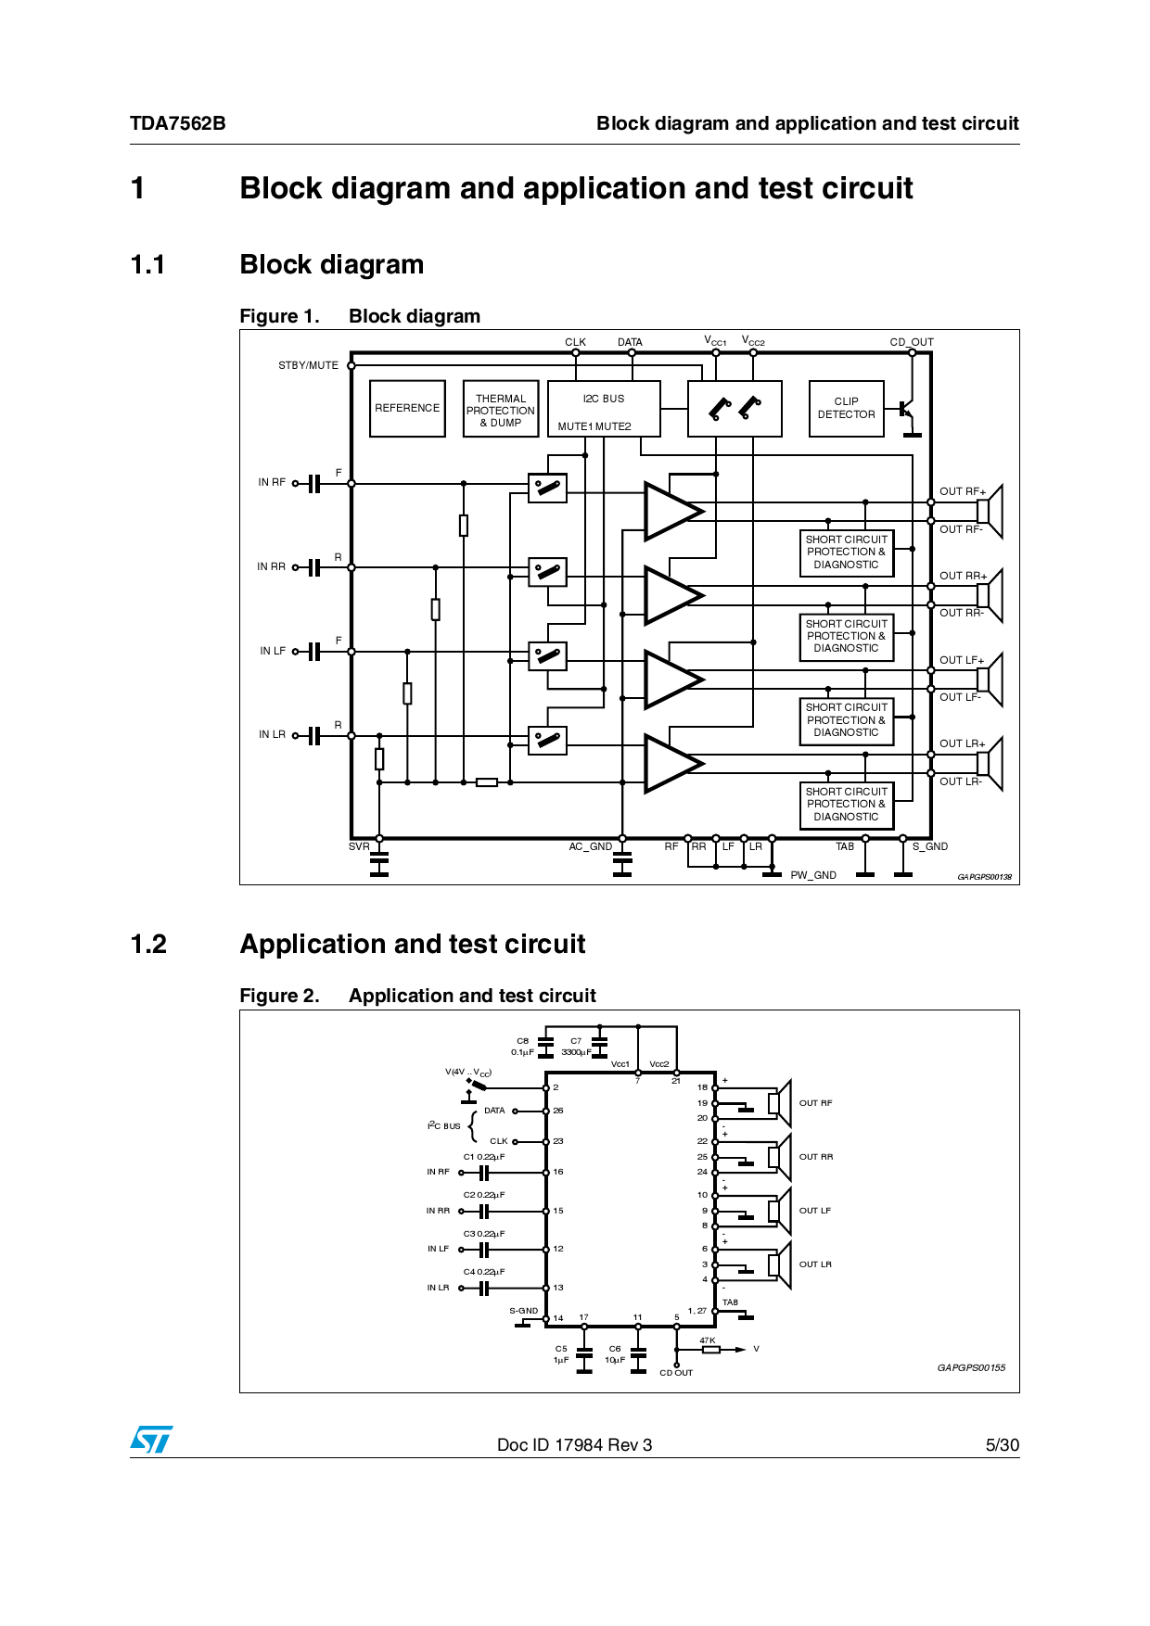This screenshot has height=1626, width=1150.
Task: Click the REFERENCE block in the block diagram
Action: point(407,408)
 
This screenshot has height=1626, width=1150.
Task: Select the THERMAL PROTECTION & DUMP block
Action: point(501,410)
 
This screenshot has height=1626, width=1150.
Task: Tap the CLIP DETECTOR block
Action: point(846,408)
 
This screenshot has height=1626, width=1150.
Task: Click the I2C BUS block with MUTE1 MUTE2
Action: point(604,409)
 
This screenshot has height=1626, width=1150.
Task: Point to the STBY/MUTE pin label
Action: point(308,365)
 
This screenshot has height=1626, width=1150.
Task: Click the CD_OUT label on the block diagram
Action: point(912,342)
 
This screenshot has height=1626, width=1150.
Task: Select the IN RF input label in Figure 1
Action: point(272,482)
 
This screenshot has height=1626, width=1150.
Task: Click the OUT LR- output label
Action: point(960,781)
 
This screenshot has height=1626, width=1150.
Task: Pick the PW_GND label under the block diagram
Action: point(813,875)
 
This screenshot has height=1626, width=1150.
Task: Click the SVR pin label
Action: point(359,846)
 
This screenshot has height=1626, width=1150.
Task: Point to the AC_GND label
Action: point(591,846)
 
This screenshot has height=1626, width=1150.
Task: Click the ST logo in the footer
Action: point(151,1440)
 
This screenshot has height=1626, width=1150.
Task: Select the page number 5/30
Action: point(1002,1444)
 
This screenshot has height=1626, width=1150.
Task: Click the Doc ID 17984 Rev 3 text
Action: point(574,1444)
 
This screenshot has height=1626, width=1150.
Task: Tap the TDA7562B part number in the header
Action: point(177,123)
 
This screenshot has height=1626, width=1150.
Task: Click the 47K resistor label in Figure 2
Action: point(708,1340)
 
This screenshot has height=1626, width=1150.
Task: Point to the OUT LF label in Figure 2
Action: point(815,1211)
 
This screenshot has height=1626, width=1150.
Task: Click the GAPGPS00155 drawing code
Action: point(971,1367)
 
